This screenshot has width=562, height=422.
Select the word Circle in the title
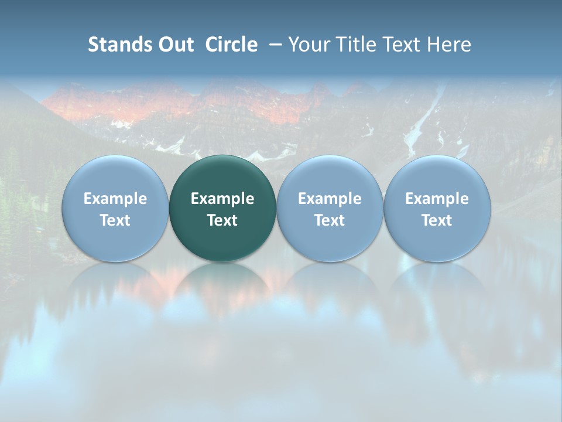[x=231, y=45]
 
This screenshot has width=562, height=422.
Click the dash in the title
[x=273, y=45]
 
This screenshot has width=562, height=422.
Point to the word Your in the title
[x=307, y=45]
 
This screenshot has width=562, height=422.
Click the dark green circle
[x=222, y=208]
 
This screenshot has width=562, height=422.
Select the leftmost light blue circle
[x=115, y=208]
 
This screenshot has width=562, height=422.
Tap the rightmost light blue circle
[x=437, y=208]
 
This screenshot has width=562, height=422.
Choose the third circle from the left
[x=330, y=208]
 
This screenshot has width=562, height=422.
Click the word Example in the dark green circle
[x=222, y=199]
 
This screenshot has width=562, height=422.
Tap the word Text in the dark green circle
[x=222, y=220]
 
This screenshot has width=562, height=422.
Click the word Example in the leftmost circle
[x=115, y=199]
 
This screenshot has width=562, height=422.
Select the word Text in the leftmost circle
[x=115, y=220]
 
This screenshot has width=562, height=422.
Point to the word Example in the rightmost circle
[x=437, y=199]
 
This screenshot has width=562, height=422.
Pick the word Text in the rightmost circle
[x=437, y=220]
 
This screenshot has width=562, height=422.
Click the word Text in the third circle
[x=330, y=220]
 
